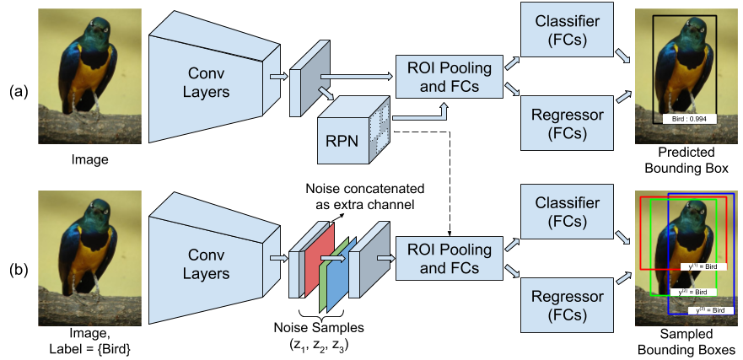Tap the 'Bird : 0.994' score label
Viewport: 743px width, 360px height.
(689, 119)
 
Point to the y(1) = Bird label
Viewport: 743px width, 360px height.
(703, 266)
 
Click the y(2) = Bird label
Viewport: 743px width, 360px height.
(697, 292)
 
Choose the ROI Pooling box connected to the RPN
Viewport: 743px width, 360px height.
(450, 78)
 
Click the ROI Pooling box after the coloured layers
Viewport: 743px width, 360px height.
(450, 259)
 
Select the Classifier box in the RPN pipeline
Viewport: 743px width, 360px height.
(568, 31)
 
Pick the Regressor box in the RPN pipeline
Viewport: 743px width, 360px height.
(568, 123)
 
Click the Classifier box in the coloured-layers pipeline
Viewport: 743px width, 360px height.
(568, 213)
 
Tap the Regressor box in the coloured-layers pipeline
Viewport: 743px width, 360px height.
(568, 306)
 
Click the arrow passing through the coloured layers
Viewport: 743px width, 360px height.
(332, 260)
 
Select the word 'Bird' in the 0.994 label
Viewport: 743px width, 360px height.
(680, 119)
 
